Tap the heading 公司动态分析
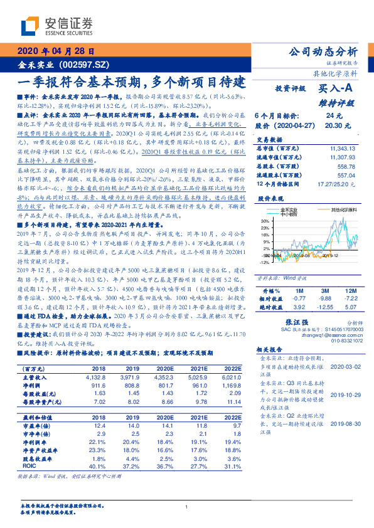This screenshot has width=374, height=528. click(322, 52)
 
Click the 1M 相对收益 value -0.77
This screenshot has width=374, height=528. click(299, 299)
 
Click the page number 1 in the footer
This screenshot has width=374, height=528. click(187, 507)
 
